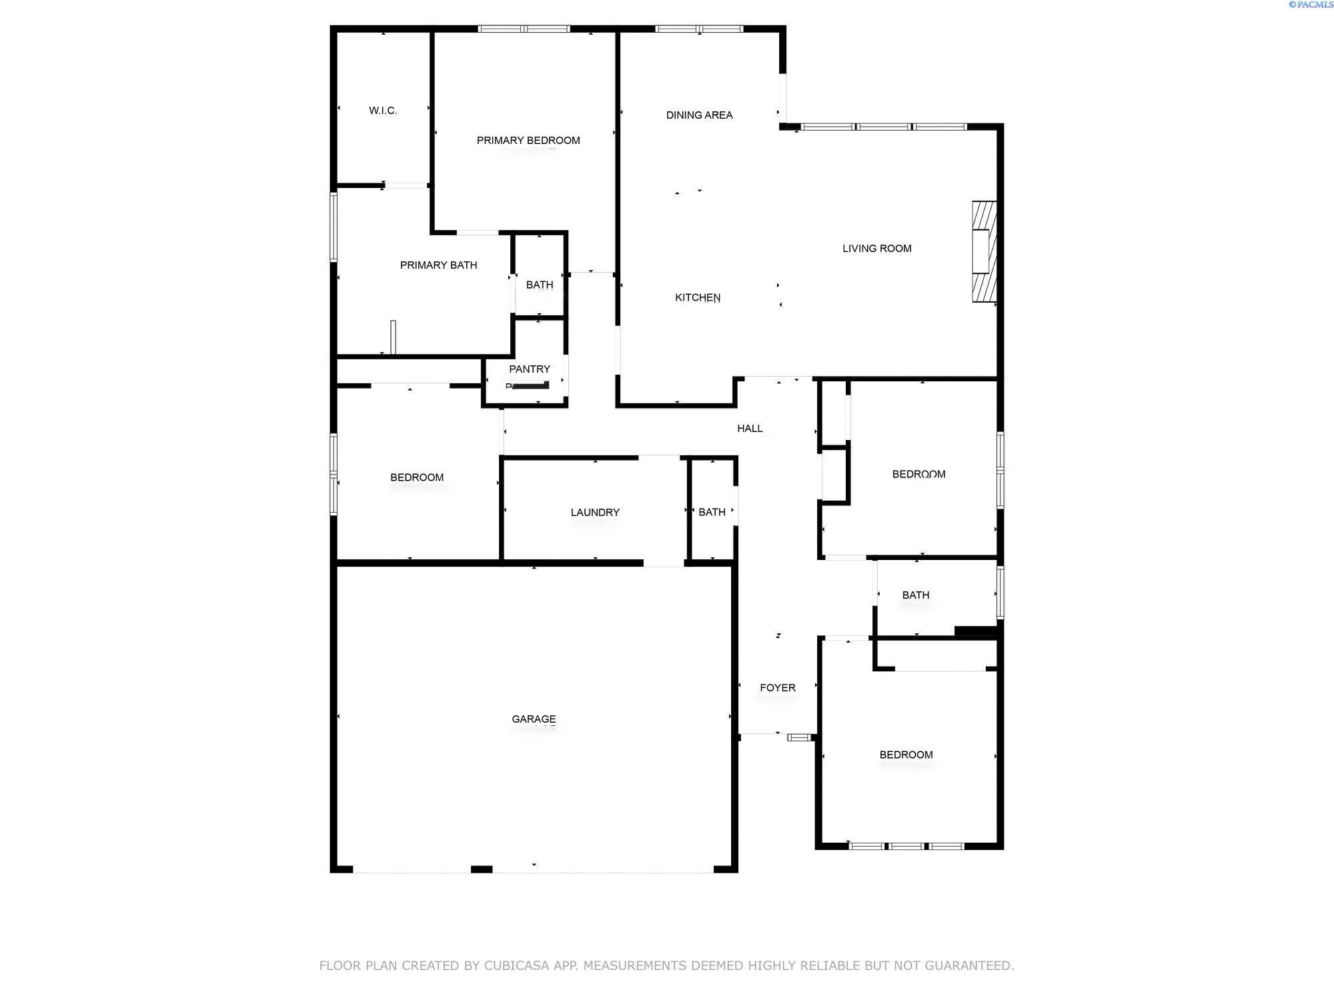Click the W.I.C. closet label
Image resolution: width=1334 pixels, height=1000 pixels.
[383, 111]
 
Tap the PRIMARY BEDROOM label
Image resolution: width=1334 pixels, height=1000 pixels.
[528, 140]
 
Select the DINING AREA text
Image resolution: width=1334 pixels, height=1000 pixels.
[699, 115]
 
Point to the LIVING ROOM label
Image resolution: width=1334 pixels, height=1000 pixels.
[876, 248]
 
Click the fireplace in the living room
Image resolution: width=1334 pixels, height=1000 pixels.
[984, 251]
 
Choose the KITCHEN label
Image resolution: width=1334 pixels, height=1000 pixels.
[698, 297]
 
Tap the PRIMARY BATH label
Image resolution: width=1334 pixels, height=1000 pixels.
[438, 265]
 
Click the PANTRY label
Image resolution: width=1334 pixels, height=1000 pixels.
[530, 369]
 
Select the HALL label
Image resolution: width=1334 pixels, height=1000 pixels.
[750, 428]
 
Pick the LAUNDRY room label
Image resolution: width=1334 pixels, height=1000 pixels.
[595, 512]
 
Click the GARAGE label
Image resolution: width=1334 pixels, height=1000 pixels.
[534, 719]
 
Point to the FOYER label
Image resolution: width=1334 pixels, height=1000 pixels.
[778, 687]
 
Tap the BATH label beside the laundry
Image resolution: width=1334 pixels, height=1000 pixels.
[712, 512]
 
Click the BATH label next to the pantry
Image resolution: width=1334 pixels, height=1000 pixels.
[540, 285]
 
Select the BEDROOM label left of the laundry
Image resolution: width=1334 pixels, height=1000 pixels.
[417, 477]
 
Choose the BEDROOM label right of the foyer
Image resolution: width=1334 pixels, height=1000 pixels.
[906, 755]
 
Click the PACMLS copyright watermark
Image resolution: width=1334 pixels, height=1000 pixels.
[1311, 5]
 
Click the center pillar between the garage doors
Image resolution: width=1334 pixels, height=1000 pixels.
[482, 869]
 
